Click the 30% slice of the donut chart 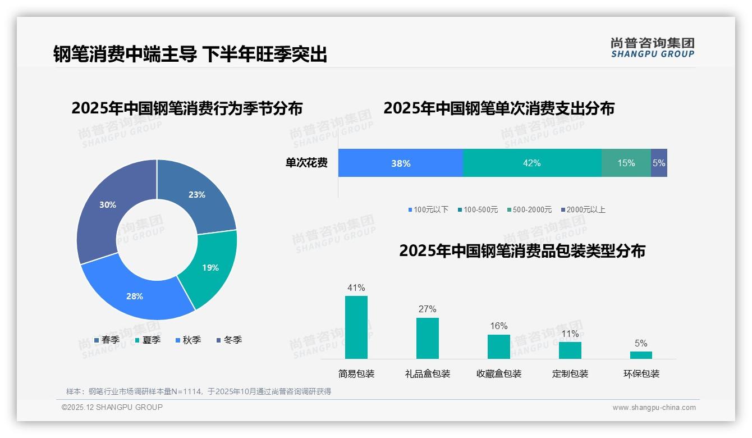104,208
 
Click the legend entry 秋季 189,340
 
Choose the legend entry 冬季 229,340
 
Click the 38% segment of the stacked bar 401,163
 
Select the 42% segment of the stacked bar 531,163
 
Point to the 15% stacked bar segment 626,163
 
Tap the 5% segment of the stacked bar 659,163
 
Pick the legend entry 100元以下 428,210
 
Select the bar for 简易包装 356,327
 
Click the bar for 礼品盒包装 428,338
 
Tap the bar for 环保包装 641,355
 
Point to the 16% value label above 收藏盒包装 498,326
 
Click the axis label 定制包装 570,374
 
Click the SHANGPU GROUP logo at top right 653,48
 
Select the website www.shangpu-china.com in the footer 654,408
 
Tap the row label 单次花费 306,163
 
